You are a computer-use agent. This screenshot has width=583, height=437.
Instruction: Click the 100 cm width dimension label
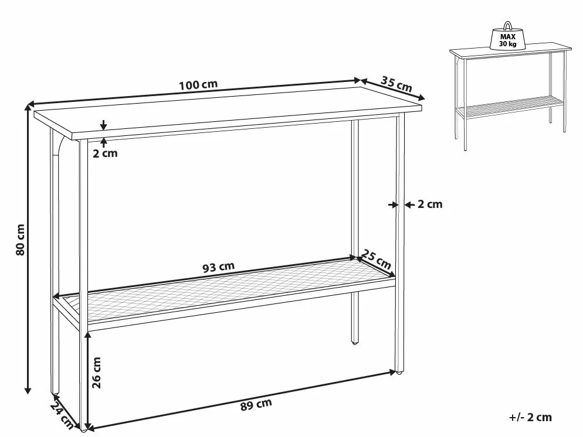(198, 84)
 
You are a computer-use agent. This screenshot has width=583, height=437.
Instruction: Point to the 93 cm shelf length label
(218, 267)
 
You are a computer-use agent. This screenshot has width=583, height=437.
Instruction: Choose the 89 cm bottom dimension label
(256, 403)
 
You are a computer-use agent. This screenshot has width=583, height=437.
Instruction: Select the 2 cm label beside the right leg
(429, 204)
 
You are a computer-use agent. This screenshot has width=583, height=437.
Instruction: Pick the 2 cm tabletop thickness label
(106, 153)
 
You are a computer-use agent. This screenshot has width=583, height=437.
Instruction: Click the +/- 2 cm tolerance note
(531, 417)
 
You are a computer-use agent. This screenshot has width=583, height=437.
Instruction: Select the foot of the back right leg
(354, 341)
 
